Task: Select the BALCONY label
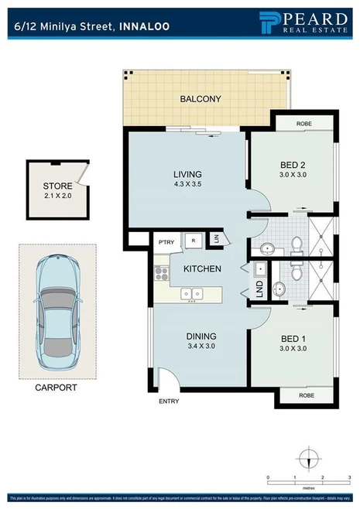coord(201,99)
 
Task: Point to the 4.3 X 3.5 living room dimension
coord(187,185)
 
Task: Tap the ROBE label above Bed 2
coord(304,124)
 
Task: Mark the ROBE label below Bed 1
coord(304,395)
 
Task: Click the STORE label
coord(56,186)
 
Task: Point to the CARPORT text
coord(57,387)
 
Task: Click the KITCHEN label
coord(202,268)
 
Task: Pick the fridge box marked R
coord(194,241)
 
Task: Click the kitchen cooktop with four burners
coord(161,272)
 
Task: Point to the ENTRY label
coord(169,401)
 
